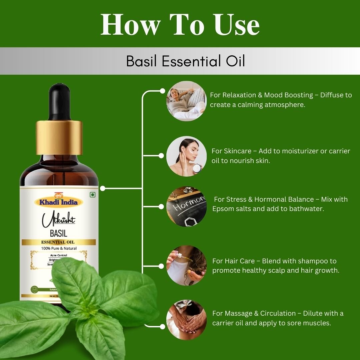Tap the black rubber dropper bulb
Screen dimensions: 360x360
click(x=59, y=102)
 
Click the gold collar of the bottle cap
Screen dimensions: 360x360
click(x=59, y=137)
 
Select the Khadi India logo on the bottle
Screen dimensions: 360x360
click(x=59, y=202)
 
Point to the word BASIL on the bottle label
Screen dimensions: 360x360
click(x=59, y=232)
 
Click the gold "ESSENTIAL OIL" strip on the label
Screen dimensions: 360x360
click(x=59, y=242)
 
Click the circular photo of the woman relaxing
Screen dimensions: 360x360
click(x=186, y=101)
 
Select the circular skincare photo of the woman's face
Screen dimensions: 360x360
click(x=186, y=156)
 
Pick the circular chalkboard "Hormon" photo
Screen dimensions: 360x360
click(x=186, y=207)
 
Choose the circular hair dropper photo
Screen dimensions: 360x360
click(x=186, y=266)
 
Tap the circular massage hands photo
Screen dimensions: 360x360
click(x=186, y=320)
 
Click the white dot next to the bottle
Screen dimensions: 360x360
click(x=103, y=189)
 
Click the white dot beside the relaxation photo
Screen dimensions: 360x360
click(x=162, y=91)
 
